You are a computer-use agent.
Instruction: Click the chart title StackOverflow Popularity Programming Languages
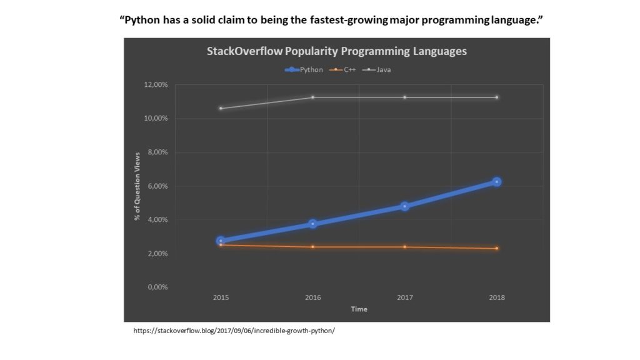(336, 51)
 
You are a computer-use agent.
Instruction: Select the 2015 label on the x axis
(221, 297)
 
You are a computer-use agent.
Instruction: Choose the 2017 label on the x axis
(404, 297)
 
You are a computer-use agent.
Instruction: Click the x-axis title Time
(359, 309)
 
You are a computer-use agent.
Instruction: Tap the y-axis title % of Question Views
(137, 186)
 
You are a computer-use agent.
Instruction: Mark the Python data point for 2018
(497, 182)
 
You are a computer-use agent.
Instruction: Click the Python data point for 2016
(312, 224)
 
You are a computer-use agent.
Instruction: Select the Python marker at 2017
(404, 206)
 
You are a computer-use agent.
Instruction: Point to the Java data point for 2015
(221, 108)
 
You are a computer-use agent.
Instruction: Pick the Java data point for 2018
(497, 97)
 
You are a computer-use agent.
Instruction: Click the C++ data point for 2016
(312, 247)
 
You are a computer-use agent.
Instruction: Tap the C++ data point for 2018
(497, 249)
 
